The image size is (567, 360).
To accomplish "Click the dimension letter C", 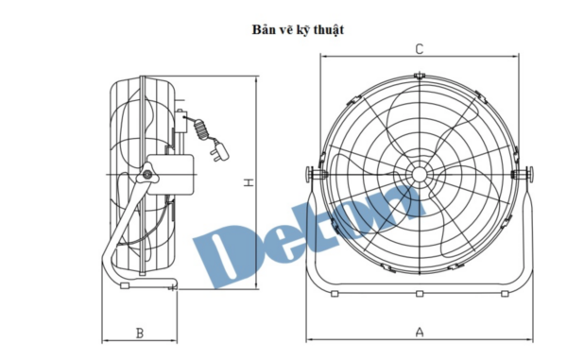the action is [419, 49].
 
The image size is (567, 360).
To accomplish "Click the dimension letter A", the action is [420, 332].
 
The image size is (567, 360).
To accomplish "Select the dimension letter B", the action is [140, 334].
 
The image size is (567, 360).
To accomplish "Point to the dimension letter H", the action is [249, 182].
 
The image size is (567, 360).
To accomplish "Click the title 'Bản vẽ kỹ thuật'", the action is [298, 29].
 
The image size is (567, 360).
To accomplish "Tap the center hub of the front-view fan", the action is [419, 175].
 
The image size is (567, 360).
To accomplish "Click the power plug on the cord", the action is [220, 151].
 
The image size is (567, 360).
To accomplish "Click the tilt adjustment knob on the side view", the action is [146, 175].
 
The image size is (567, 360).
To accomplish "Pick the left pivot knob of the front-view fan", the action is [310, 175].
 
